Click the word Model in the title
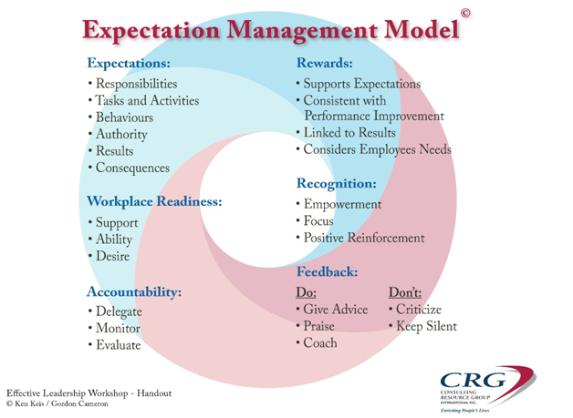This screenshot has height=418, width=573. [x=422, y=29]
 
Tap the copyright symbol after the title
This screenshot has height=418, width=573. [x=465, y=13]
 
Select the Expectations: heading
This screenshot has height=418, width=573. [x=129, y=63]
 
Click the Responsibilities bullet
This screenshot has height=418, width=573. [x=132, y=84]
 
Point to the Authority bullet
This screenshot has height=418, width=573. [x=118, y=134]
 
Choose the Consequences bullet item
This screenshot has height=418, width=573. [x=129, y=168]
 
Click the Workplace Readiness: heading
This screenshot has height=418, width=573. [x=154, y=201]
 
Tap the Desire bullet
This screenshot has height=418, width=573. [x=109, y=256]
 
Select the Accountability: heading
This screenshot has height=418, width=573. [x=134, y=291]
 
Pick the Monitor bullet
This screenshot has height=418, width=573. [x=114, y=328]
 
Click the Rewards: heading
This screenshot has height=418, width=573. [x=325, y=63]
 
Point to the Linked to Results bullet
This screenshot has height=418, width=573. [x=346, y=132]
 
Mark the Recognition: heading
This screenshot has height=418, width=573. [x=336, y=183]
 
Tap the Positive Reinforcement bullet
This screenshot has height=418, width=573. [x=360, y=238]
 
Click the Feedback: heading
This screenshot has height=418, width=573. [x=327, y=271]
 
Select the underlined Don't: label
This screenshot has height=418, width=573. [x=405, y=292]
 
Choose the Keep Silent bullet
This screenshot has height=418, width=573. [x=422, y=326]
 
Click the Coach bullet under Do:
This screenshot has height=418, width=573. [x=317, y=342]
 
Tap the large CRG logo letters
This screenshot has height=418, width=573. [x=474, y=380]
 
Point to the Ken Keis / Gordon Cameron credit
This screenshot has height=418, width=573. [x=57, y=403]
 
